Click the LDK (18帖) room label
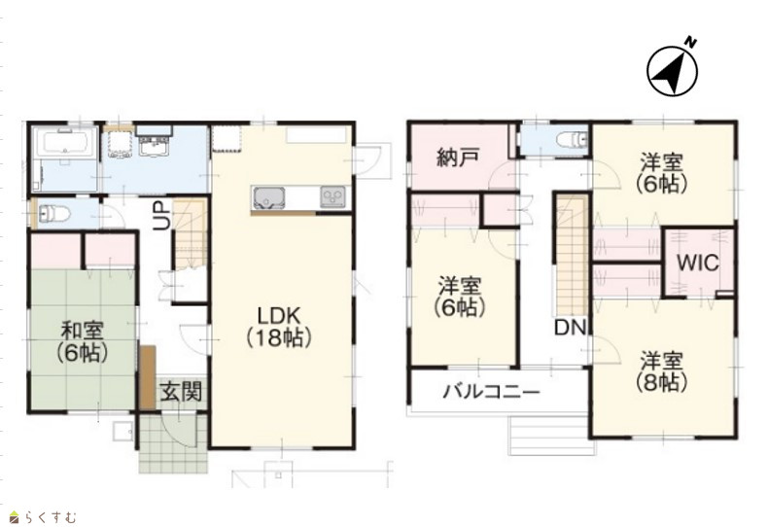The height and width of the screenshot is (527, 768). click(x=279, y=327)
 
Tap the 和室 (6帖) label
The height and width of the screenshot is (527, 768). click(x=82, y=341)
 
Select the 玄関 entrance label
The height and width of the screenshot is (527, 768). click(x=182, y=391)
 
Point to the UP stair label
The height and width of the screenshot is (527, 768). click(x=162, y=216)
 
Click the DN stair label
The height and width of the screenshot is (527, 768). click(x=570, y=328)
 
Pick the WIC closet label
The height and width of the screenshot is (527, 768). click(x=698, y=263)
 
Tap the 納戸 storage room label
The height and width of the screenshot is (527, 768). click(x=458, y=158)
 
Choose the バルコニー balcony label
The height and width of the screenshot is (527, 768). click(x=491, y=392)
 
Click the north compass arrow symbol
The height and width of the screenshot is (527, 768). click(x=673, y=71)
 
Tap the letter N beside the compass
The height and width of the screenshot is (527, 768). click(x=691, y=43)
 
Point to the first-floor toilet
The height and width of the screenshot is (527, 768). click(x=52, y=214)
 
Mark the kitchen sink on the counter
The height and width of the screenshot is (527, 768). click(x=267, y=198)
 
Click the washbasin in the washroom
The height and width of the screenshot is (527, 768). click(x=155, y=147)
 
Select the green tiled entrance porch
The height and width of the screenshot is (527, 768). click(x=173, y=442)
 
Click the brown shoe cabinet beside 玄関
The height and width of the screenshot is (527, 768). click(x=148, y=377)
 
